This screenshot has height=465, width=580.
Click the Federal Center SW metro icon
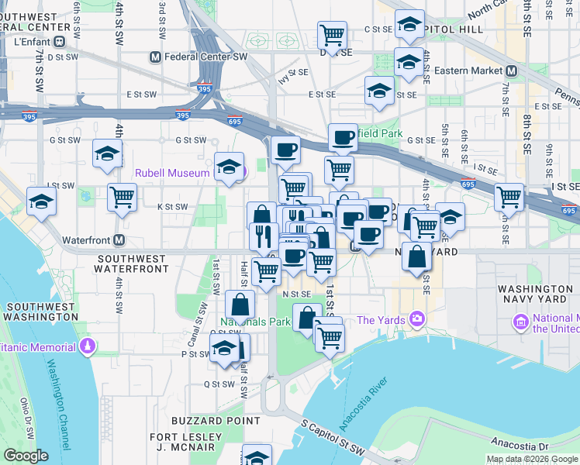pos(156,57)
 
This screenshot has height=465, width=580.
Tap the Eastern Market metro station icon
pos(510,71)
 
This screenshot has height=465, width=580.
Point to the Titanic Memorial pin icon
pos(88,344)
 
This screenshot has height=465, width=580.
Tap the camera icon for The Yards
pos(418,319)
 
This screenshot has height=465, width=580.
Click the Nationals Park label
pos(255,322)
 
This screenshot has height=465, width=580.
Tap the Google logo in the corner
pos(26,456)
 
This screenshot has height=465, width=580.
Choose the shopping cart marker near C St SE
pos(332,35)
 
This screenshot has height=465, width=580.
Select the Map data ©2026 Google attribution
pos(532,459)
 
